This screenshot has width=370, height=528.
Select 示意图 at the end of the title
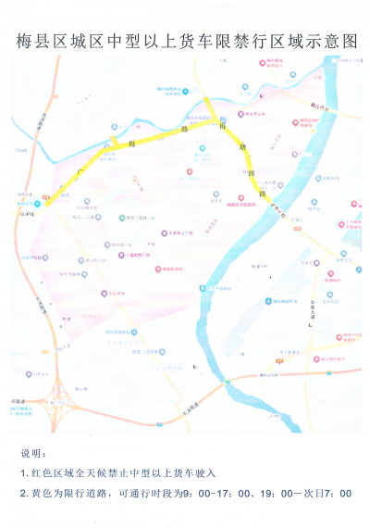pyautogui.click(x=330, y=43)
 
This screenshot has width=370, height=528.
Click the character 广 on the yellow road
pyautogui.click(x=81, y=171)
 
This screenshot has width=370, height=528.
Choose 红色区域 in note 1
pyautogui.click(x=56, y=473)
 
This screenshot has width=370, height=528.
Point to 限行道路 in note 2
pyautogui.click(x=84, y=494)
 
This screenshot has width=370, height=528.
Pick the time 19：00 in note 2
pyautogui.click(x=280, y=494)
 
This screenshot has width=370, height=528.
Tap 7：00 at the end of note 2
pyautogui.click(x=340, y=494)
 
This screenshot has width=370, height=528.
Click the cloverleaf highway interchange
pyautogui.click(x=57, y=404)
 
